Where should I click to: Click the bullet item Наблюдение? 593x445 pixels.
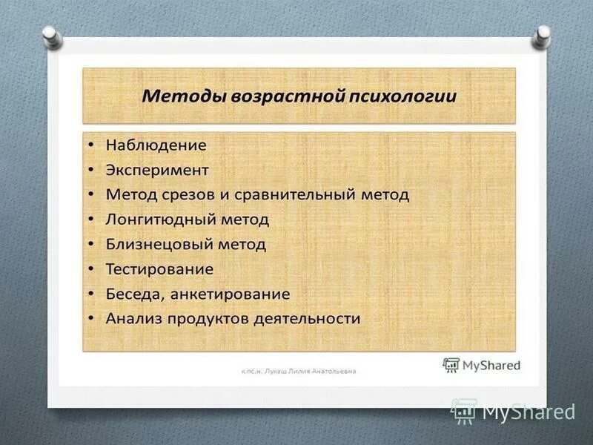pos(156,145)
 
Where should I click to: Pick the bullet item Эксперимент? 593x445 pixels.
pos(157,170)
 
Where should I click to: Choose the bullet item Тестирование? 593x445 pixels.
pos(159,268)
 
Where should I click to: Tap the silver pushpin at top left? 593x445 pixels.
pos(51,36)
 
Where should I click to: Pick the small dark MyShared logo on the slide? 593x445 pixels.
pos(481,365)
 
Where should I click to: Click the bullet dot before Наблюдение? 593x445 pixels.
pos(90,145)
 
